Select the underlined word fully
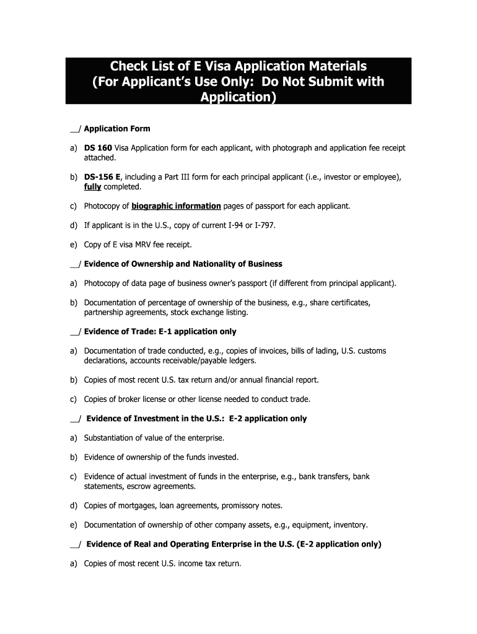[x=93, y=186]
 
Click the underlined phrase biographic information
[x=176, y=206]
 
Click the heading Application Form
[x=117, y=129]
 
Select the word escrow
[x=128, y=486]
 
